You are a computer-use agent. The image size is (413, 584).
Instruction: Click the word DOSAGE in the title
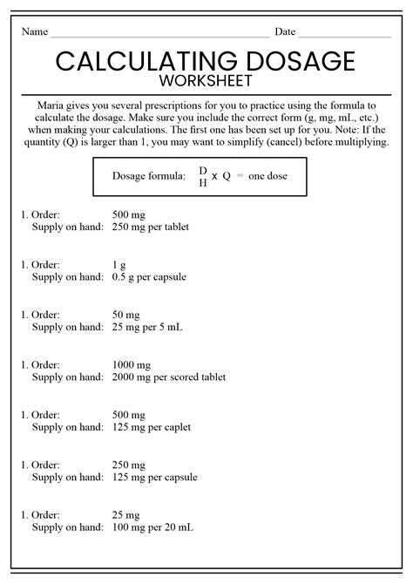[x=296, y=61]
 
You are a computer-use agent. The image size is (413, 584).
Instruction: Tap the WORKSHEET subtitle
[x=206, y=81]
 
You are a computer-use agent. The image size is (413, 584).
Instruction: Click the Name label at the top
[x=34, y=32]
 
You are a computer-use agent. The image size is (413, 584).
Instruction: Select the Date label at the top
[x=285, y=32]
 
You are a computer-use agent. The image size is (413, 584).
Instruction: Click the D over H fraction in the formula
[x=203, y=176]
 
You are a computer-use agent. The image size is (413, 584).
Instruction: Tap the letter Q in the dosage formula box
[x=227, y=176]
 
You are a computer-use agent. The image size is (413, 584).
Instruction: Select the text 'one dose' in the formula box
[x=267, y=176]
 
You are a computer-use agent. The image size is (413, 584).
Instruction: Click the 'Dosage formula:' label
[x=148, y=176]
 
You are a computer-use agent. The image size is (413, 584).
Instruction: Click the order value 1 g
[x=120, y=264]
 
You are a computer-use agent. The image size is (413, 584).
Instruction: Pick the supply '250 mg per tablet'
[x=151, y=227]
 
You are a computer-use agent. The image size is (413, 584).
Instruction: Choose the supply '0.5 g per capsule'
[x=149, y=277]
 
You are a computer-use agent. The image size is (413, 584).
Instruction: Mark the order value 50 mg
[x=126, y=315]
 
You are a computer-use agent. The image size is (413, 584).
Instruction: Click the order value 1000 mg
[x=132, y=364]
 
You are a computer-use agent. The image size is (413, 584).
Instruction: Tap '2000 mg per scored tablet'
[x=169, y=377]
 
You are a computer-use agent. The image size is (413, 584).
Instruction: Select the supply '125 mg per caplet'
[x=152, y=427]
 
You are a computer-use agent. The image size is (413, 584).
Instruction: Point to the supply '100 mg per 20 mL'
[x=152, y=527]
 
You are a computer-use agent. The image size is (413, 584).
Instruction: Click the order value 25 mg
[x=126, y=514]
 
